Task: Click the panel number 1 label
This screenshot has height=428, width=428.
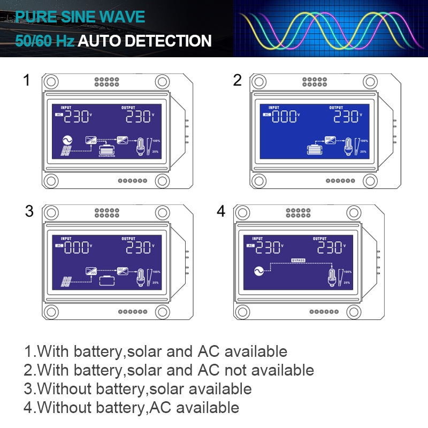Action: (x=26, y=81)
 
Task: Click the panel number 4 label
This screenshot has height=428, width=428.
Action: (x=221, y=211)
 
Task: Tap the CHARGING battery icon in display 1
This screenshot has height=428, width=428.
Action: (x=107, y=150)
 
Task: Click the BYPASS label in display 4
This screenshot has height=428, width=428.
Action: (x=297, y=260)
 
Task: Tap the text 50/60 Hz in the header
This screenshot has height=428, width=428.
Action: (x=45, y=41)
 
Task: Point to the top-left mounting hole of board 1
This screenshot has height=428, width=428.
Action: (x=50, y=82)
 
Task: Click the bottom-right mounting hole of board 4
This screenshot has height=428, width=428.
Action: (x=355, y=311)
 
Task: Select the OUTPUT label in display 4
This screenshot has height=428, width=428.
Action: (x=319, y=239)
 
